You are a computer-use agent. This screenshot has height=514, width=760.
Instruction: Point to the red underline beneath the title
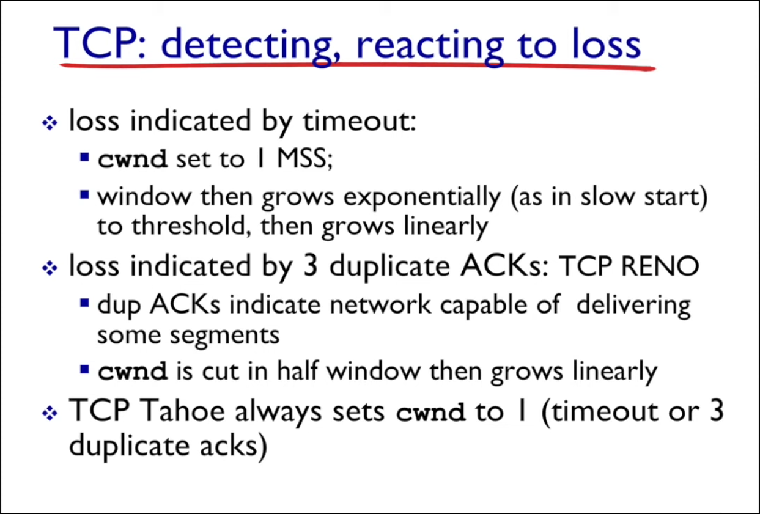[358, 66]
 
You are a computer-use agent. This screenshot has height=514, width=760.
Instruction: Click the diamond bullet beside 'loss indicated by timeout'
[50, 123]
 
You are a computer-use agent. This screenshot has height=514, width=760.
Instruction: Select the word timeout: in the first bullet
[360, 120]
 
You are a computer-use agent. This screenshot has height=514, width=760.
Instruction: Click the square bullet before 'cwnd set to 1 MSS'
[84, 157]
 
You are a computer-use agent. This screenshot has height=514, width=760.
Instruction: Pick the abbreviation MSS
[304, 158]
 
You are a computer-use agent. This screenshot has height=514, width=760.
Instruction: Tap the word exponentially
[422, 197]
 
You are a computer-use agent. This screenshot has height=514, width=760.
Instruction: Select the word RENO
[660, 266]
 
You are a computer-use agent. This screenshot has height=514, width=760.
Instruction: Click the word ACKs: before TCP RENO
[504, 266]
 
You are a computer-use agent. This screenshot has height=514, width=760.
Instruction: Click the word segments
[224, 336]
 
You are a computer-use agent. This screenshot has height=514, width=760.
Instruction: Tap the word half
[298, 371]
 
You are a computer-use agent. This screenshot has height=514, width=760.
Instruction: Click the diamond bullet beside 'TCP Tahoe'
[50, 413]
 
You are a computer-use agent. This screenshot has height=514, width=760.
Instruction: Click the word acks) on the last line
[234, 446]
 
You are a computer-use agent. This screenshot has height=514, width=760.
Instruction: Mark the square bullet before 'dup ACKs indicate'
[84, 303]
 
